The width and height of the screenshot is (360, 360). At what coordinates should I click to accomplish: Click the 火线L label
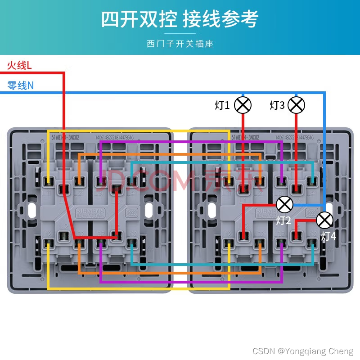coord(19,66)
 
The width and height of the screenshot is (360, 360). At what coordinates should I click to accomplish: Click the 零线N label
coord(21,85)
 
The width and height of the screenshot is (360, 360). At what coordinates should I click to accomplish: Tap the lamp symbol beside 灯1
coord(243,105)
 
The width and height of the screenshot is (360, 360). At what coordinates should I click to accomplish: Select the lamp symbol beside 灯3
coord(296,105)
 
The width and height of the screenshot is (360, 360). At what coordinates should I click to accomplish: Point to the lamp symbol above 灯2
coord(284,204)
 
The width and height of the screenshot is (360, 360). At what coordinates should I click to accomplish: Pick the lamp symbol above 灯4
coord(324,220)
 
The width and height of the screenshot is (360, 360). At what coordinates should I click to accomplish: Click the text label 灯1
coord(222,106)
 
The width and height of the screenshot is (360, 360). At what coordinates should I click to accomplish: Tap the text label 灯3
coord(277,106)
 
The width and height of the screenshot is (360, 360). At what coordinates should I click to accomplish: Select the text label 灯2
coord(283,220)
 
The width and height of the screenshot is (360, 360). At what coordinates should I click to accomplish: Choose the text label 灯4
coord(328,236)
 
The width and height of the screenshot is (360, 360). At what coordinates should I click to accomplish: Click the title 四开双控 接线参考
coord(180,19)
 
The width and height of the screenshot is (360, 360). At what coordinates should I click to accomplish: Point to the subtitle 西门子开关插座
coord(180,44)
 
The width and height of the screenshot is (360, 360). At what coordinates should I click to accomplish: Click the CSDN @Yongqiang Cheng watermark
coord(303,351)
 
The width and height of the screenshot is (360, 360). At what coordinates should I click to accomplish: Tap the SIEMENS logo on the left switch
coord(90,211)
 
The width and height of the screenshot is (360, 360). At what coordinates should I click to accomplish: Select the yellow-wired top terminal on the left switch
coord(48,182)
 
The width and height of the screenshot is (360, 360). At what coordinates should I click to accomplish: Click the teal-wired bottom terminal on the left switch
coord(131,243)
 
